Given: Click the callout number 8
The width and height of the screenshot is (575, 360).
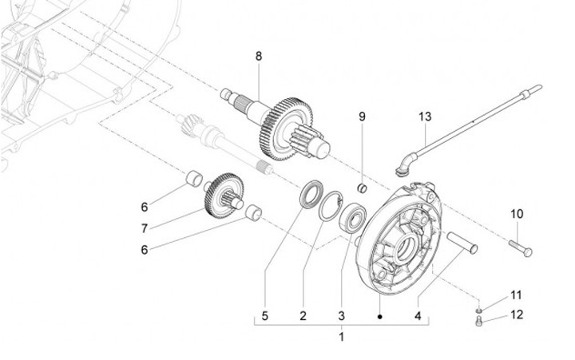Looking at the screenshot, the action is [x=259, y=57].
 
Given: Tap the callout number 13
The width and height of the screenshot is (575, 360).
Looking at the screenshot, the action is [x=425, y=117].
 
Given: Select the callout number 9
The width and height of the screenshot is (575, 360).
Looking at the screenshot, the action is [x=362, y=117].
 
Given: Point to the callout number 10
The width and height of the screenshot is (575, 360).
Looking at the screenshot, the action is [x=517, y=214].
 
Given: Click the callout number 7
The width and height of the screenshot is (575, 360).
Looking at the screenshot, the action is [x=145, y=229].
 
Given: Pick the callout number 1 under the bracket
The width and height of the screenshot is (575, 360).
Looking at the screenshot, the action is [x=342, y=337].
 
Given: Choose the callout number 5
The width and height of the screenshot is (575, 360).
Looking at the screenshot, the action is [x=265, y=315].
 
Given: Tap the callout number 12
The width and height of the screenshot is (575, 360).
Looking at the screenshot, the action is [x=517, y=315].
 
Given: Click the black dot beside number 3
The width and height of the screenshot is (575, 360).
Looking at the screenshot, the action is [x=380, y=316].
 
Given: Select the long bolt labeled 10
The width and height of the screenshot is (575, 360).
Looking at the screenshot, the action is [x=521, y=247].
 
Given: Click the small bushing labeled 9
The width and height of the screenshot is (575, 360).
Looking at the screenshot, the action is [x=363, y=188].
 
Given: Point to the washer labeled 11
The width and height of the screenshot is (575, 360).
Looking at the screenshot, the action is [x=479, y=311].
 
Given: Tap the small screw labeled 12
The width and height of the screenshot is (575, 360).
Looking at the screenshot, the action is [x=479, y=321].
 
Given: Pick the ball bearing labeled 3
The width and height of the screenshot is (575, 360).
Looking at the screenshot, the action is [x=353, y=218].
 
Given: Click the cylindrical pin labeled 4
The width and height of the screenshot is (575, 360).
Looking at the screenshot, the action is [x=462, y=243].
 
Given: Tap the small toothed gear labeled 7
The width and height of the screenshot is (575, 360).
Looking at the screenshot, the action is [x=224, y=195].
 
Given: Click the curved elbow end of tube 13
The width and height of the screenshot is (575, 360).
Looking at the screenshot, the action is [x=406, y=163].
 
